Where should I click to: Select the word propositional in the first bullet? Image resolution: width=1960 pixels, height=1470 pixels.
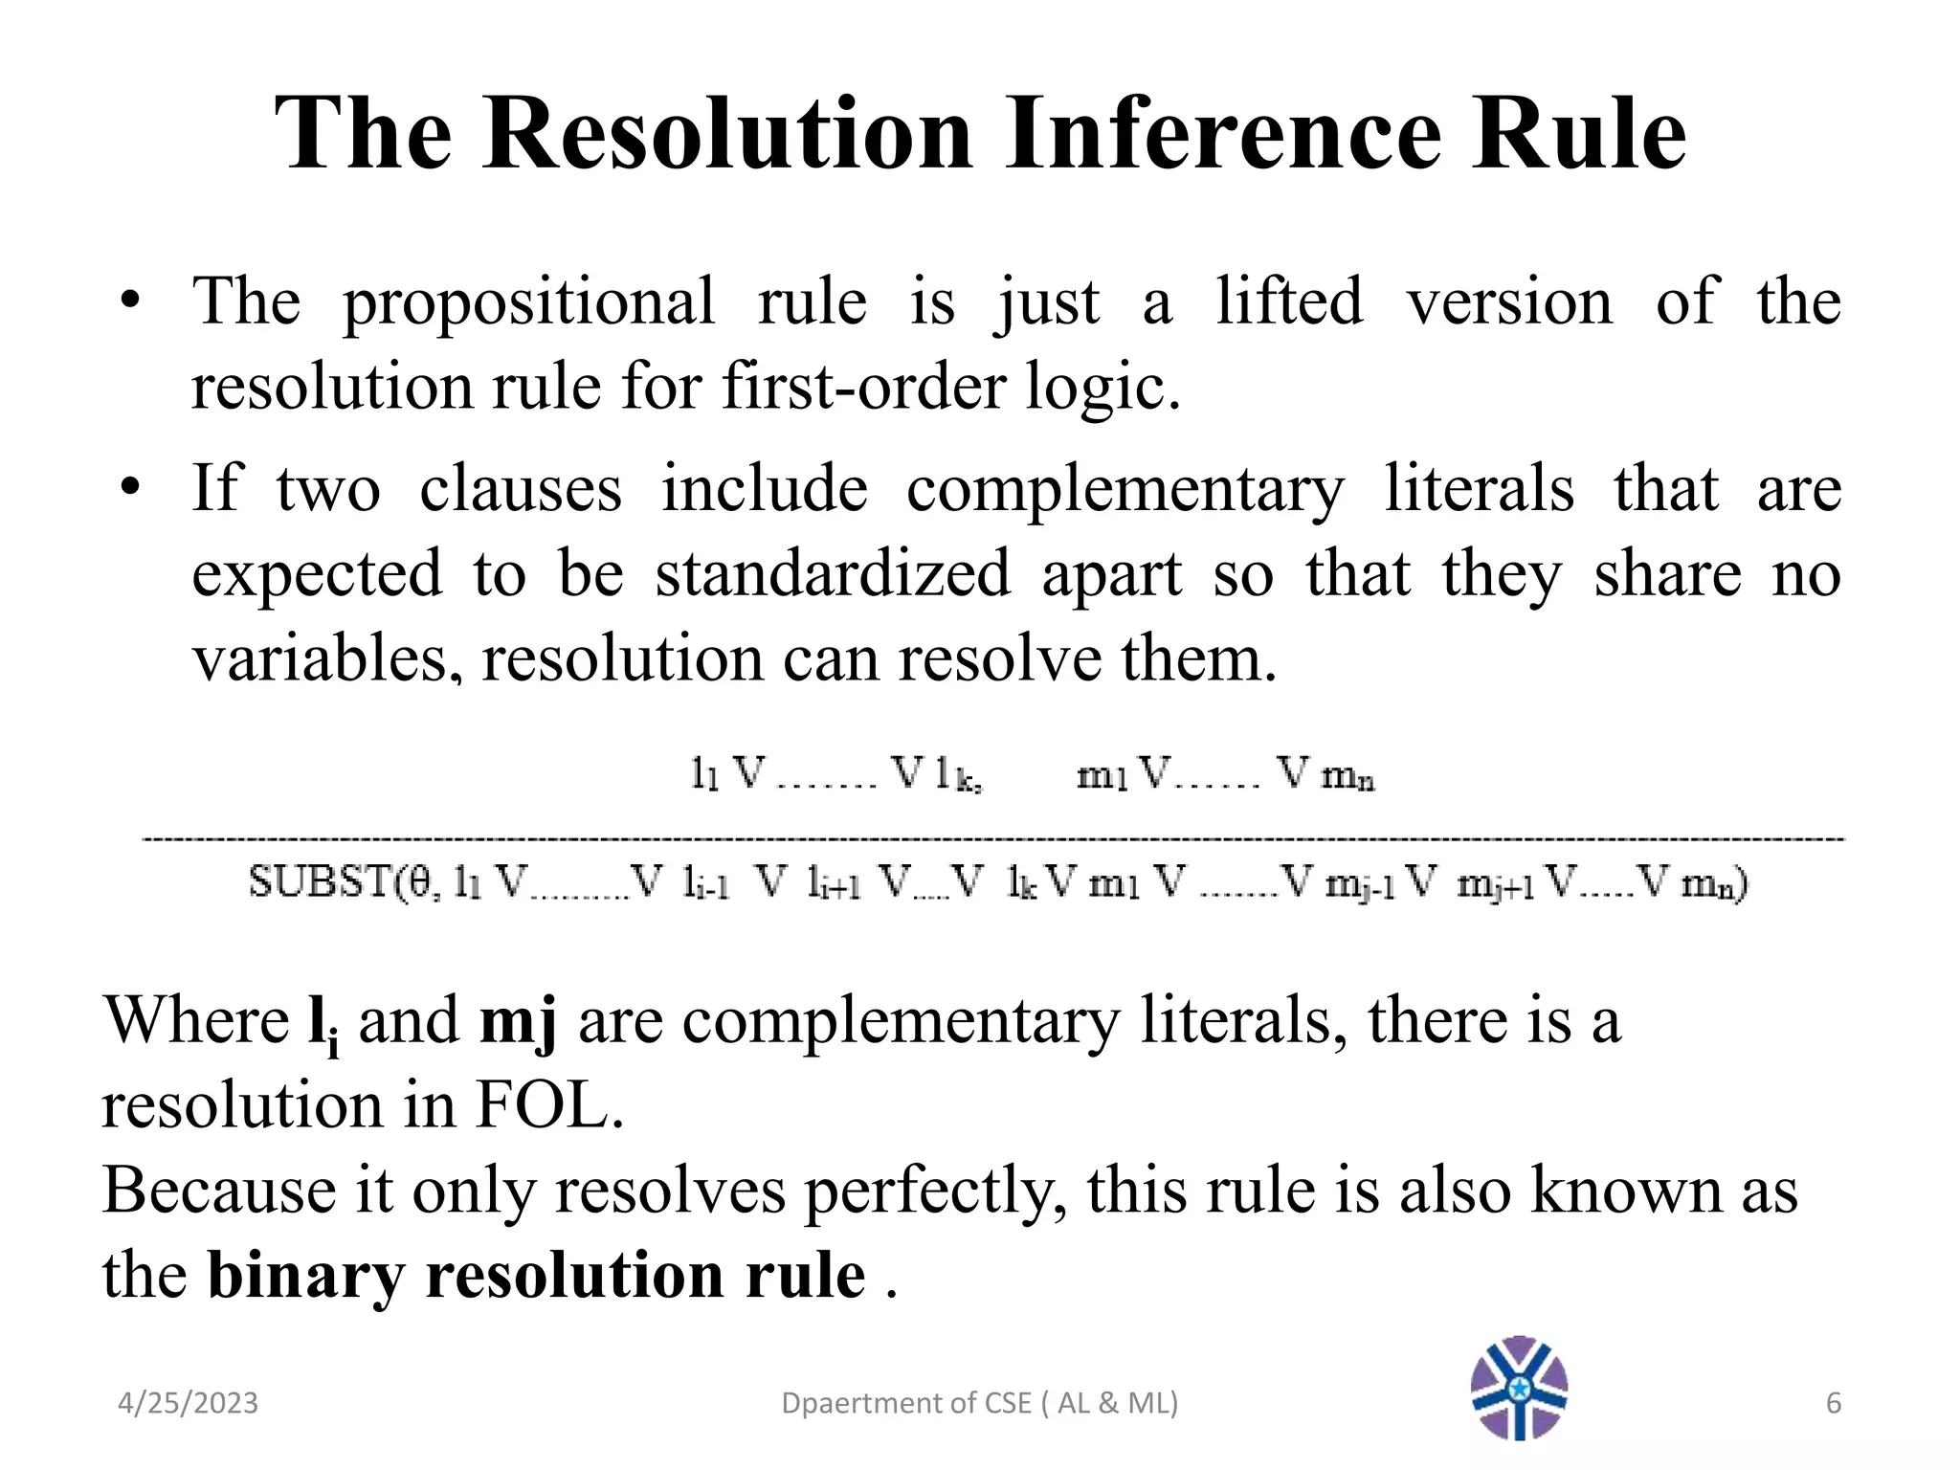pyautogui.click(x=528, y=302)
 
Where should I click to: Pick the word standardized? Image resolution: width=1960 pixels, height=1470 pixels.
pyautogui.click(x=833, y=573)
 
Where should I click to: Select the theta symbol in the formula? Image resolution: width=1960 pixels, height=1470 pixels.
pyautogui.click(x=419, y=881)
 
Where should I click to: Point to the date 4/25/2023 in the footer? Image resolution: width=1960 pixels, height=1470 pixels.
pyautogui.click(x=188, y=1403)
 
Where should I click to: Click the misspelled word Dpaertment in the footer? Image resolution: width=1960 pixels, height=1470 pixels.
pyautogui.click(x=848, y=1403)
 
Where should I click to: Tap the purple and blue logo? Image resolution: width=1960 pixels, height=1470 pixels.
pyautogui.click(x=1519, y=1388)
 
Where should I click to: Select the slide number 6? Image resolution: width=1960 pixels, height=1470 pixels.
pyautogui.click(x=1833, y=1403)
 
